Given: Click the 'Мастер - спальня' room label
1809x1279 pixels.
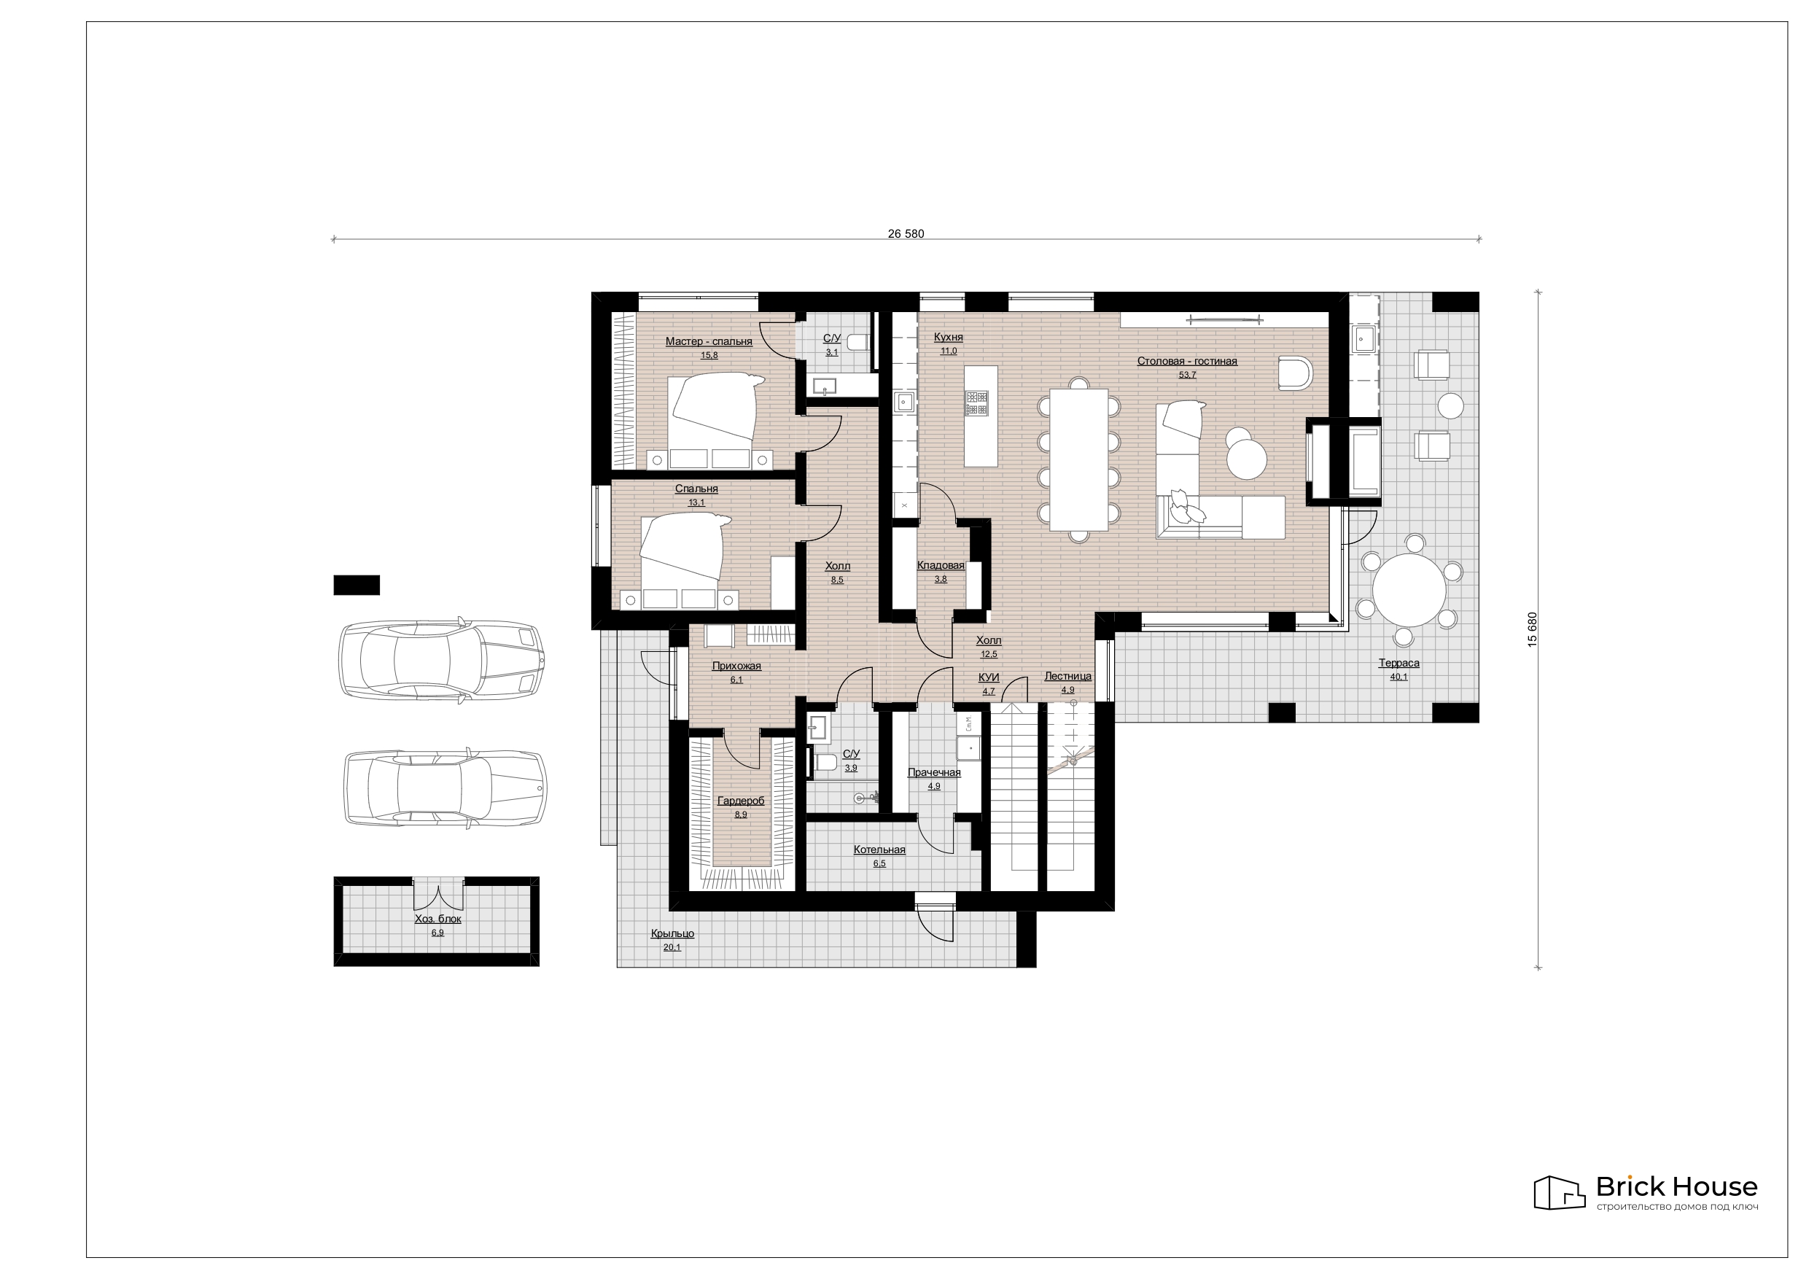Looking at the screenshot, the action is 708,341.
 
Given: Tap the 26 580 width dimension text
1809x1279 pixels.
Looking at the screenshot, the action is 906,233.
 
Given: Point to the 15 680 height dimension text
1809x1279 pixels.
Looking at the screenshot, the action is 1532,629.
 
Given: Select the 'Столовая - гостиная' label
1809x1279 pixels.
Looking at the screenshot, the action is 1186,361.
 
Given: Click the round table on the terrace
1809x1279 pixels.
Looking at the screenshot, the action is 1409,589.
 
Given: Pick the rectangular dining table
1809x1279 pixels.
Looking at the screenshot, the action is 1079,459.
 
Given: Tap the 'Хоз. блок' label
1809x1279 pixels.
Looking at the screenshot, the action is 438,919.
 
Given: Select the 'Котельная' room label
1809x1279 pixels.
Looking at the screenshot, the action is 879,850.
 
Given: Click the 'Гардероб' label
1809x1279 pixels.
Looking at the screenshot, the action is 741,801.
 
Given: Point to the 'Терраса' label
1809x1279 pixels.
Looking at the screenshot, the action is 1398,663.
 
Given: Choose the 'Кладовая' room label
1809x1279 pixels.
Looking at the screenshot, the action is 941,565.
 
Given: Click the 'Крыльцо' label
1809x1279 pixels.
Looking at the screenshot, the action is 672,933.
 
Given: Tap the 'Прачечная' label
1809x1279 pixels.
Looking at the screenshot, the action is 933,772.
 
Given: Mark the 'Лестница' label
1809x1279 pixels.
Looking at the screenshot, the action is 1067,676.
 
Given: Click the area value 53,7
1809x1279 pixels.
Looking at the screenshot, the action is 1186,375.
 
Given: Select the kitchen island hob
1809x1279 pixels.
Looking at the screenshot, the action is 976,403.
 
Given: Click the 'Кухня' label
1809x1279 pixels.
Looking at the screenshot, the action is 948,338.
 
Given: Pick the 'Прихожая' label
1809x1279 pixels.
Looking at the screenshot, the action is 736,666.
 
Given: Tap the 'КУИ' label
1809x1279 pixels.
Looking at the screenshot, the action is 988,677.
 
